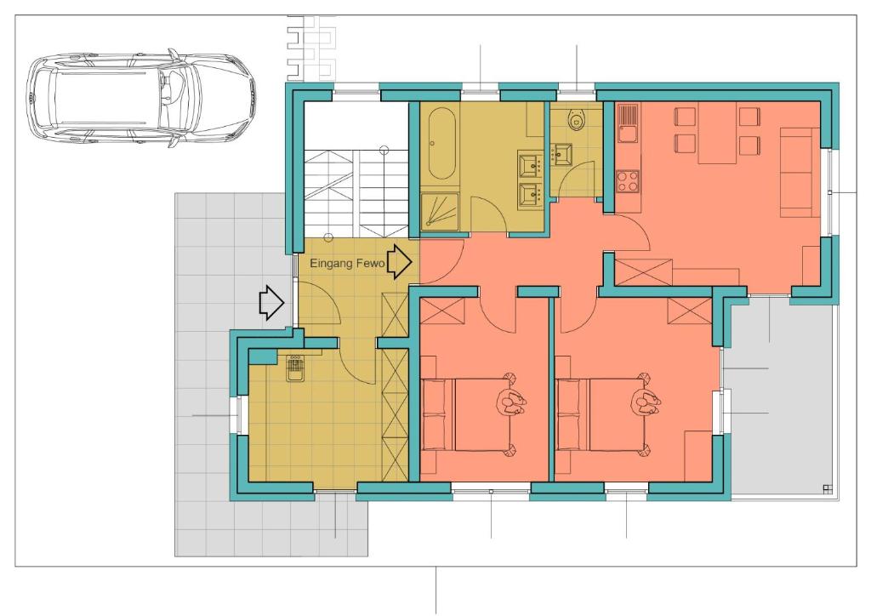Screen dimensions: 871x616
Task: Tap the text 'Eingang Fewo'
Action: [x=347, y=263]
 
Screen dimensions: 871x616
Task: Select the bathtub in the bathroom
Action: [x=442, y=142]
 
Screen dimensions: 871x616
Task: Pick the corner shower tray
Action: [x=440, y=211]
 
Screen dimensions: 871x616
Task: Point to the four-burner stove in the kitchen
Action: [x=628, y=181]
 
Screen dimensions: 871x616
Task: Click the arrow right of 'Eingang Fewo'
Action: [x=399, y=261]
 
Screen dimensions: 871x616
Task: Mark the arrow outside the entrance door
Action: [x=272, y=303]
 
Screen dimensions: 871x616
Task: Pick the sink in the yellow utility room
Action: [x=295, y=368]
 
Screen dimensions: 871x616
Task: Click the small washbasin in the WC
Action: [x=564, y=154]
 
